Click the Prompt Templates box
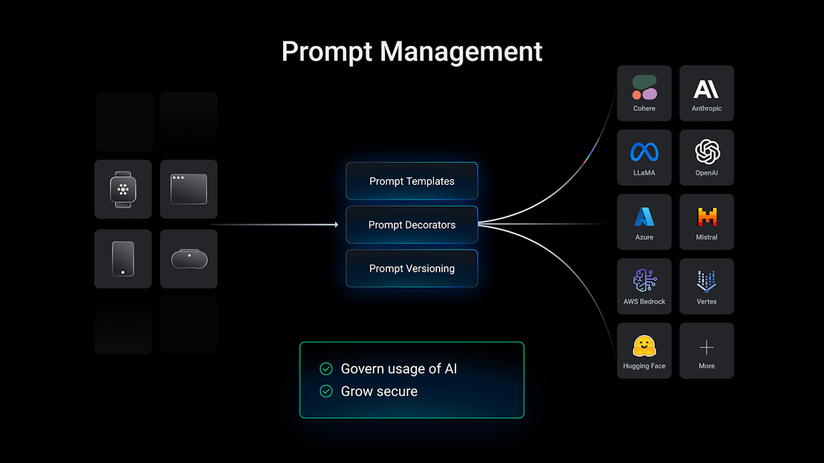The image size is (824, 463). click(412, 181)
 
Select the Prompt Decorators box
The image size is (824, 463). click(412, 225)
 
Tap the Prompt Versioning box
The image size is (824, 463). click(412, 268)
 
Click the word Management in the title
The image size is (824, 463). click(461, 51)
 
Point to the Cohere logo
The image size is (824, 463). click(644, 88)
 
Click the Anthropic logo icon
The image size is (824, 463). click(706, 89)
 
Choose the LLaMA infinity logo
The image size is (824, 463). click(644, 152)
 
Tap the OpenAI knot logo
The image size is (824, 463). click(707, 152)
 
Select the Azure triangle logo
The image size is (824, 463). click(644, 217)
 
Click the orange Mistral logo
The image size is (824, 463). click(707, 217)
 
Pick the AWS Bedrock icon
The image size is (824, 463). click(644, 280)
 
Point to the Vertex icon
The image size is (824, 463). click(707, 281)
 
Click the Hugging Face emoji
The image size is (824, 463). click(644, 346)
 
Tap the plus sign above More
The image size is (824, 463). click(707, 347)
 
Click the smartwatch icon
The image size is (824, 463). click(123, 189)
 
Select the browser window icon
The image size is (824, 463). click(189, 189)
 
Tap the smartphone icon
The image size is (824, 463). click(123, 259)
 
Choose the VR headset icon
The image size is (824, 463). click(189, 259)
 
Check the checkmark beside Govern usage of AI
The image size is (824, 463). click(326, 369)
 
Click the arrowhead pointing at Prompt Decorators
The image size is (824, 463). click(336, 225)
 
